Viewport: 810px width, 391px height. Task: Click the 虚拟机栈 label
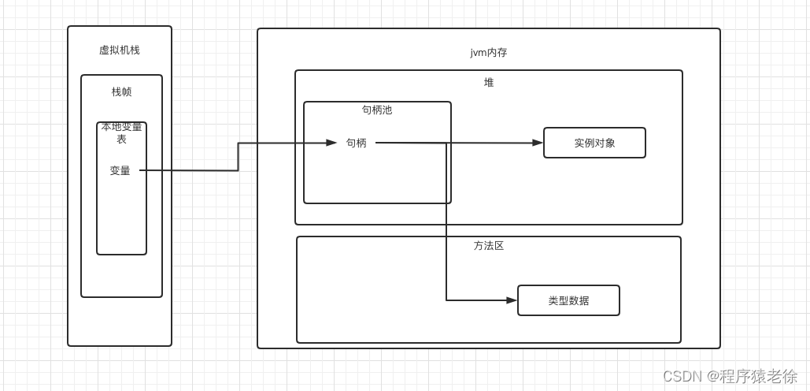click(120, 50)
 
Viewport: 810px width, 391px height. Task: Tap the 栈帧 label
click(121, 91)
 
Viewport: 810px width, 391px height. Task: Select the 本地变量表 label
click(121, 132)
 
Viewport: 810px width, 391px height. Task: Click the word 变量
click(120, 170)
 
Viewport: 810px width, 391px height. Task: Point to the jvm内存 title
click(489, 53)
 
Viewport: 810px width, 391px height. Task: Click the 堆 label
click(489, 82)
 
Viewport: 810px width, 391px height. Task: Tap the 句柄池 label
click(377, 110)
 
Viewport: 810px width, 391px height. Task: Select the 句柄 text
click(357, 143)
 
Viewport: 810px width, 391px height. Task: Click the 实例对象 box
click(594, 143)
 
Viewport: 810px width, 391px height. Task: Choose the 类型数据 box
click(568, 300)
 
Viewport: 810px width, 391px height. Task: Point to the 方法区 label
click(489, 246)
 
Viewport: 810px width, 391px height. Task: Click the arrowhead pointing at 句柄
click(332, 143)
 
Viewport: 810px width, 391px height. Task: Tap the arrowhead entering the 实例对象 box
click(538, 143)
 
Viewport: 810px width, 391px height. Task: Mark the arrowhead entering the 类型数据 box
click(512, 300)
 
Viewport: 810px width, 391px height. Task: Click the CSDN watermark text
click(682, 376)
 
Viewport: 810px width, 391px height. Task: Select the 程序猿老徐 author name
click(758, 376)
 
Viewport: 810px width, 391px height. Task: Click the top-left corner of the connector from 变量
click(239, 143)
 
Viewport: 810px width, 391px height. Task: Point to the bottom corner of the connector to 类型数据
click(446, 300)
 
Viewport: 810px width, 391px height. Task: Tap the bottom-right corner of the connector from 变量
click(239, 170)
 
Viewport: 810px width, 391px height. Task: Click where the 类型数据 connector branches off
click(446, 143)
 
